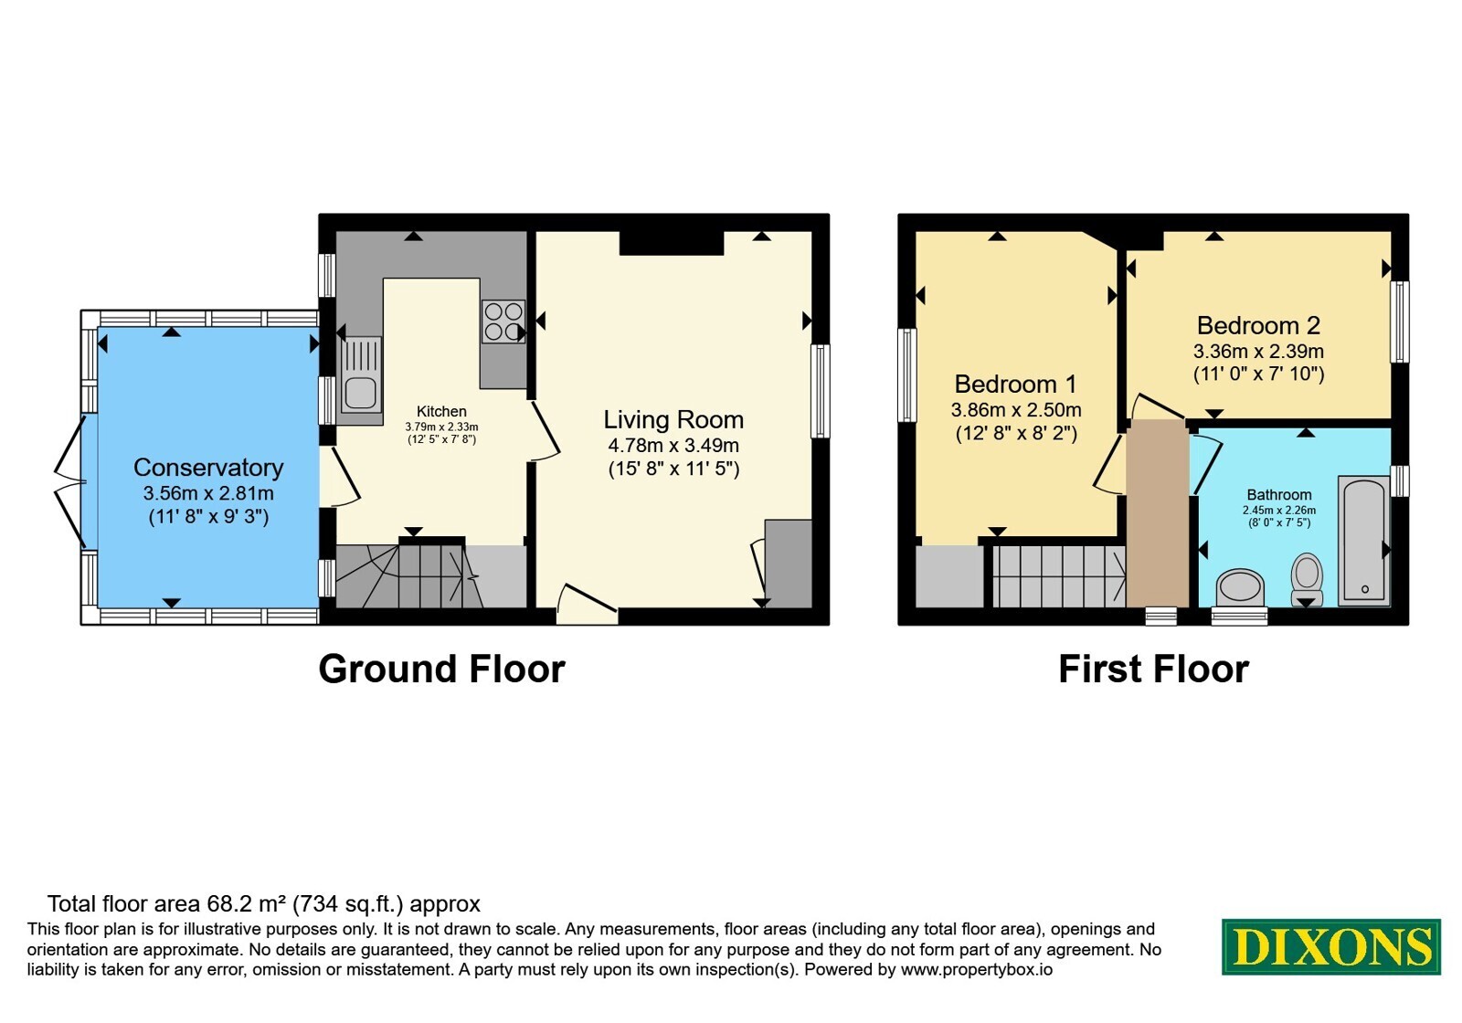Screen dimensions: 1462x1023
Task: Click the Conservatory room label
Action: [208, 467]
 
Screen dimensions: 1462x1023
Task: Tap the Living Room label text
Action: [673, 419]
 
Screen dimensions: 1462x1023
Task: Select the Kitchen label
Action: [442, 411]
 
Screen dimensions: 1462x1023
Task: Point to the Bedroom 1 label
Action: [1015, 384]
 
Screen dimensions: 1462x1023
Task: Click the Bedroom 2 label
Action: [1258, 325]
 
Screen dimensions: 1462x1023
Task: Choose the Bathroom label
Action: [1278, 494]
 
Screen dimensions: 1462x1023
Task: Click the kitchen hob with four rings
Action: [503, 322]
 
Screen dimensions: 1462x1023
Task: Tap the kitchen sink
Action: [361, 374]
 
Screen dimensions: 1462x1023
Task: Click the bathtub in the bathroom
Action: [1363, 541]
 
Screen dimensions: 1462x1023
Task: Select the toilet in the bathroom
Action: [1307, 579]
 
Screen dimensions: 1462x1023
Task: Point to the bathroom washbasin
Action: [1240, 586]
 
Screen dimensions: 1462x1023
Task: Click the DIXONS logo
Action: [1330, 946]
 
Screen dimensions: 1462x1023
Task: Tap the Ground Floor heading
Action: [441, 670]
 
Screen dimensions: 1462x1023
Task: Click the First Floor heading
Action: [1153, 670]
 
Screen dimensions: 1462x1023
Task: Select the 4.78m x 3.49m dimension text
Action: [673, 446]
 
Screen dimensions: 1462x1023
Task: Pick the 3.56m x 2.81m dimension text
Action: [208, 493]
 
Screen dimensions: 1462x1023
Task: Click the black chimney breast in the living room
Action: [672, 243]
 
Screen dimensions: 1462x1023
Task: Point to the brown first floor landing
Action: [1158, 513]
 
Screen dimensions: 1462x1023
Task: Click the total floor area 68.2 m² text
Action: [264, 904]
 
